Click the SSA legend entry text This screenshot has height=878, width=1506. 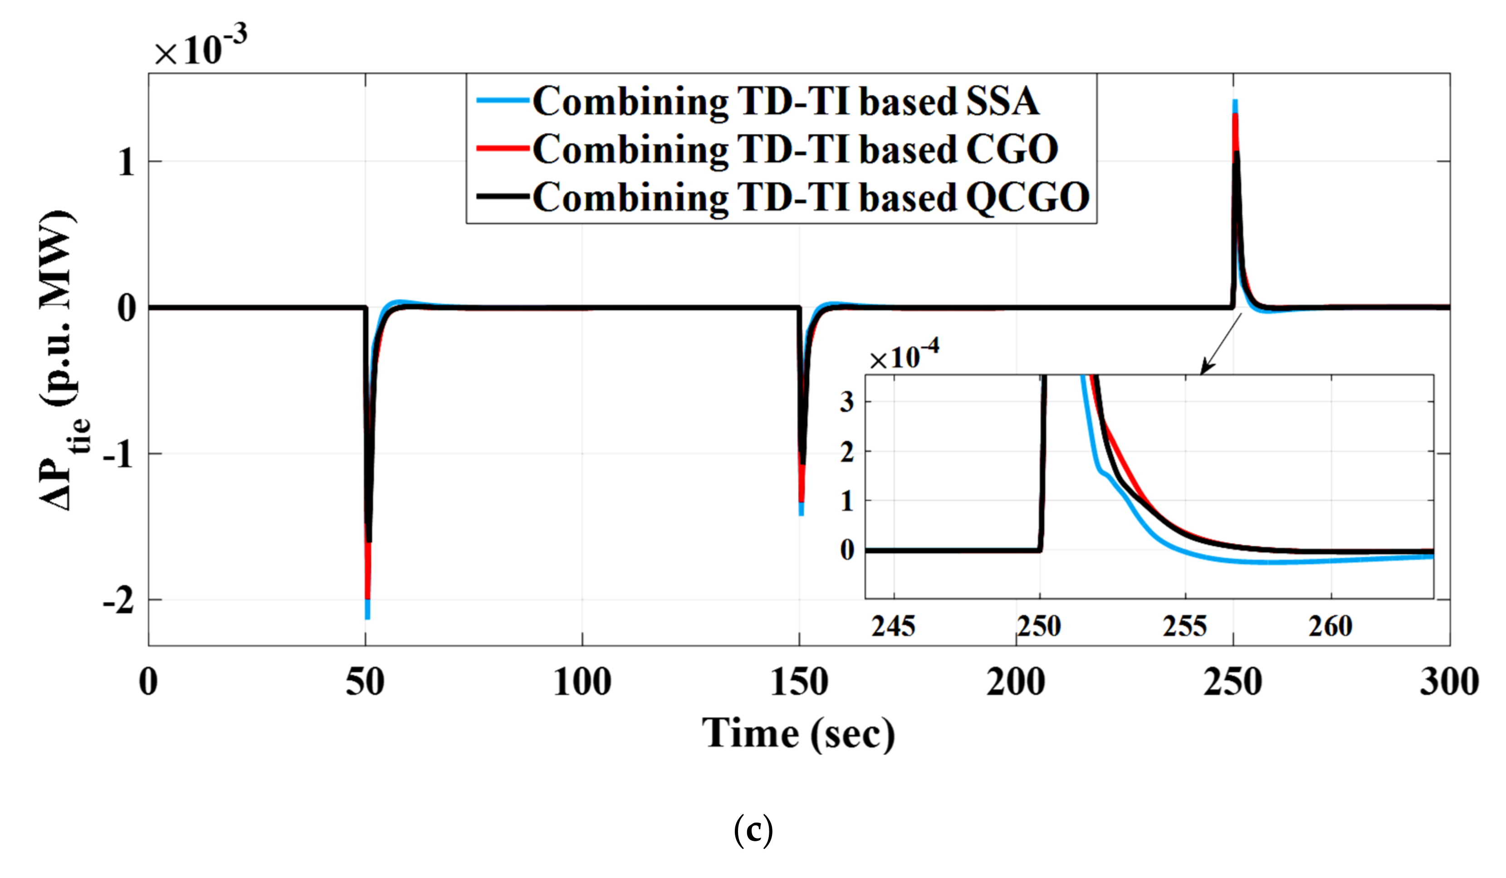pos(785,101)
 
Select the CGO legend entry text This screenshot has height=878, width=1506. pos(795,149)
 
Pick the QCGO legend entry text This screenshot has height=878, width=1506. pos(810,197)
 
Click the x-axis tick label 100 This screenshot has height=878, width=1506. pos(582,682)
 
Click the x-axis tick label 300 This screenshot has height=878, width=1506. pos(1449,682)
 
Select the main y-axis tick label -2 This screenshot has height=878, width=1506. pos(119,600)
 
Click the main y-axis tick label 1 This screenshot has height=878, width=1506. pos(126,161)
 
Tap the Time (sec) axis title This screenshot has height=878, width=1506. pos(798,733)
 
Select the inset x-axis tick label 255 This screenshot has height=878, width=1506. pos(1184,626)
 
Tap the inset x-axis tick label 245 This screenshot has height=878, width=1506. pos(893,626)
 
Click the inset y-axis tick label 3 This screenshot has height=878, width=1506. pos(846,402)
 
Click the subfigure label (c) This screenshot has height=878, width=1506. pos(753,830)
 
